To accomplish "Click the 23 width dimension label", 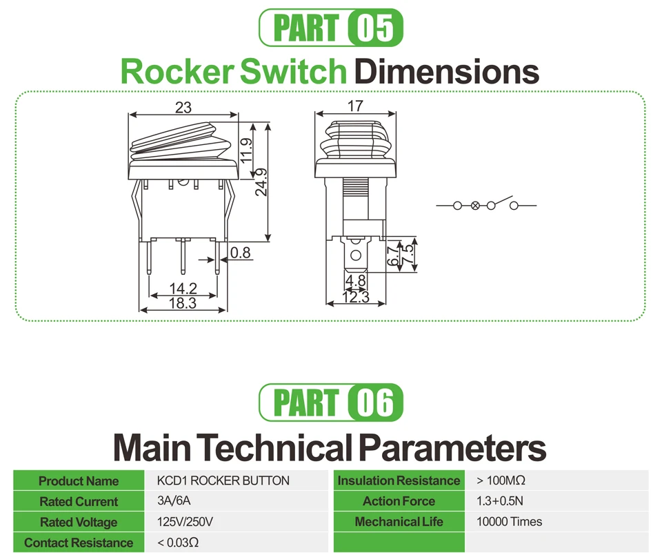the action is pos(183,108).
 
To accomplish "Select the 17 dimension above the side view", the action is pos(355,106).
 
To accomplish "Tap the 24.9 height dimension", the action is pos(261,182).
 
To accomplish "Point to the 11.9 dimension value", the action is pos(245,151).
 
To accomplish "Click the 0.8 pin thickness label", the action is pos(240,253).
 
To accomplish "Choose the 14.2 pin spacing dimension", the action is pos(183,289).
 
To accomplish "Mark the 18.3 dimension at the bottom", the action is pos(182,302).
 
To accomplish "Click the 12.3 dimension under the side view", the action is pos(356,298).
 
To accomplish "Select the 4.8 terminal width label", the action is pos(356,280).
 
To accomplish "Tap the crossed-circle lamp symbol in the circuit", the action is pos(475,206).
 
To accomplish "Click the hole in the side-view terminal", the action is pos(356,255).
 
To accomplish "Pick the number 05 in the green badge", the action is pos(375,28).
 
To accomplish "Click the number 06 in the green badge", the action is pos(375,402).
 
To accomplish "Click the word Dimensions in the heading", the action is pos(447,71).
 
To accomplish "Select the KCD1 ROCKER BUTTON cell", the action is pos(223,481).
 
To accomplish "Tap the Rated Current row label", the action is pos(79,501).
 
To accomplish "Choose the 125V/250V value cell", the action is pos(185,522).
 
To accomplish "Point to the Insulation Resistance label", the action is pos(399,481).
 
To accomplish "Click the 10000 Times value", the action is pos(509,522).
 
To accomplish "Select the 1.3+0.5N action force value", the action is pos(500,501).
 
